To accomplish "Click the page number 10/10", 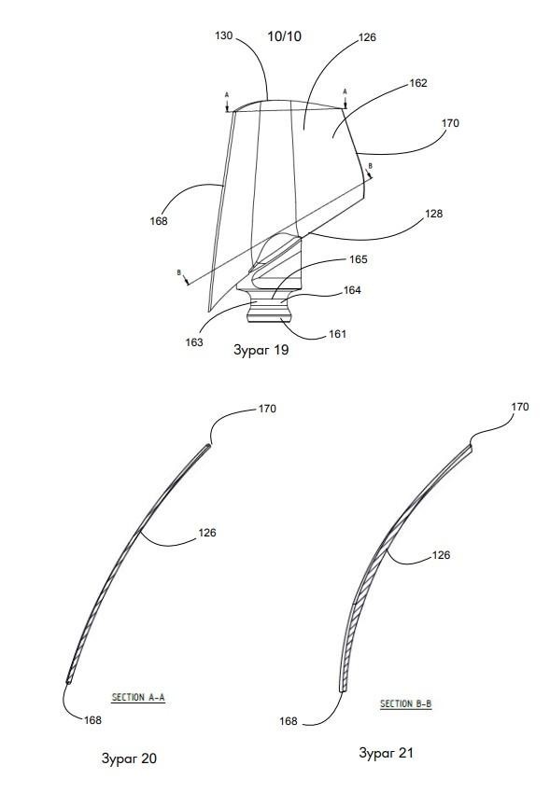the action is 285,36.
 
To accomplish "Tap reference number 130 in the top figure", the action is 224,35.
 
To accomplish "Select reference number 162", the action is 418,83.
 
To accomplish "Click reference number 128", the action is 433,214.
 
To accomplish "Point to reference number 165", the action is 359,259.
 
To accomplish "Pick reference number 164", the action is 352,290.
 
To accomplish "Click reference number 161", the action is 337,334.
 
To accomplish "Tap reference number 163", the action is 194,342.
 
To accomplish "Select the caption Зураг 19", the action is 261,350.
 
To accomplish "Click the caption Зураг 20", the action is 130,758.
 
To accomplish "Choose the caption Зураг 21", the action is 386,753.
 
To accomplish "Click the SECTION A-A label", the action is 138,698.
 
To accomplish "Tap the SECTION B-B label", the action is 406,703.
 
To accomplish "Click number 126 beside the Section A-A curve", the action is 207,533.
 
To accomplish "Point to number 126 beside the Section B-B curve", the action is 441,555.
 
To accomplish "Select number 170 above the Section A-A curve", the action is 267,409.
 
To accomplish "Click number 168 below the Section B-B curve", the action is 289,721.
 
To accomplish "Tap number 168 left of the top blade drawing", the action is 159,221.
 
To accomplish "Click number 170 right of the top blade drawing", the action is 450,123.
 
